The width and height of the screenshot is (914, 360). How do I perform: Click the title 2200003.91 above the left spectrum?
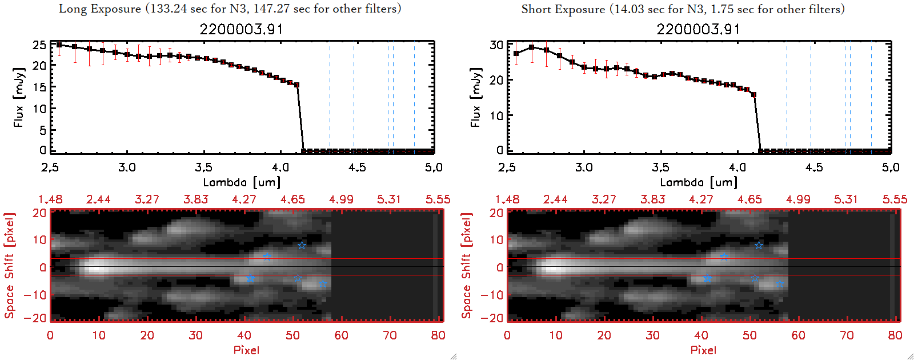[x=241, y=29]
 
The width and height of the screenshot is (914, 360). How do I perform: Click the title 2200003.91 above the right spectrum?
[x=698, y=29]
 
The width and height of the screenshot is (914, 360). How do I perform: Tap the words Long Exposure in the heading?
[x=100, y=9]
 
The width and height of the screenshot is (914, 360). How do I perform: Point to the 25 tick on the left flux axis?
[x=39, y=45]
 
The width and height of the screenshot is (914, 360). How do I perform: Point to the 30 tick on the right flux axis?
[x=496, y=45]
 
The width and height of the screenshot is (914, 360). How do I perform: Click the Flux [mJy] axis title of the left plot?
[x=19, y=97]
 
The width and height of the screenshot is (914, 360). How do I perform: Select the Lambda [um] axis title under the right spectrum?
[x=699, y=182]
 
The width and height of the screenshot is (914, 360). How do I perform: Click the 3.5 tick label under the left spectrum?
[x=203, y=167]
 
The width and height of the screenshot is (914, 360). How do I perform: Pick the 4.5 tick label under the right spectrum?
[x=814, y=167]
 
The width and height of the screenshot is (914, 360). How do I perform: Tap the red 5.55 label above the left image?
[x=438, y=199]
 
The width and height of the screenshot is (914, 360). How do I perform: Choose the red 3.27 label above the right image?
[x=604, y=199]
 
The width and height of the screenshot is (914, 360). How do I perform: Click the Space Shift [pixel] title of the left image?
[x=9, y=266]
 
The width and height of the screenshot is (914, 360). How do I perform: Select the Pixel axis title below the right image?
[x=703, y=350]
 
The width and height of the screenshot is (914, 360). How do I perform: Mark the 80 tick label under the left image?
[x=438, y=335]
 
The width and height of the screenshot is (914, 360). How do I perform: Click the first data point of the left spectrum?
[x=59, y=45]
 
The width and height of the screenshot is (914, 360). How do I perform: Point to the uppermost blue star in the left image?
[x=302, y=246]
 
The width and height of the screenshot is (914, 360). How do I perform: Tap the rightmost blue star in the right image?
[x=780, y=284]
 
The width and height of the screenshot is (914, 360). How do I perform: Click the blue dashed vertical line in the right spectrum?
[x=850, y=97]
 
